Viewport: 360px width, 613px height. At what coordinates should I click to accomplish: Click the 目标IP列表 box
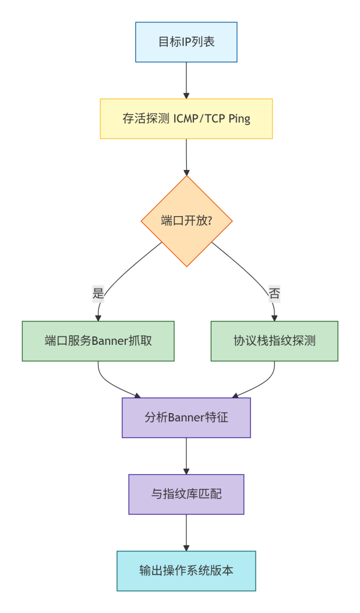tap(186, 42)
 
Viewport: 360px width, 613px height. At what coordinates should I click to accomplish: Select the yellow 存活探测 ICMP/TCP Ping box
tap(186, 119)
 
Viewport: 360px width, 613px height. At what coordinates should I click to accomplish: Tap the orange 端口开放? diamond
tap(186, 220)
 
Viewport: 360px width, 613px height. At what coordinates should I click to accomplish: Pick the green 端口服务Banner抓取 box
tap(98, 341)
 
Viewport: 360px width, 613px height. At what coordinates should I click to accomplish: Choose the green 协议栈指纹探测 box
tap(274, 341)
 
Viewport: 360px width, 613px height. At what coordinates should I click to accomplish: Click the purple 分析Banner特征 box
tap(186, 418)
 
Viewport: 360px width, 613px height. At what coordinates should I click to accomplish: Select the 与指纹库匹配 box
tap(186, 494)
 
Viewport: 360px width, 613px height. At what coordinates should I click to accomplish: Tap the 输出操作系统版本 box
tap(186, 571)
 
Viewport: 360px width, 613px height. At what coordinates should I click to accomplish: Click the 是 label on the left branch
tap(98, 293)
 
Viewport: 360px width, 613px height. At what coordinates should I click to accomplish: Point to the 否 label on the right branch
tap(274, 293)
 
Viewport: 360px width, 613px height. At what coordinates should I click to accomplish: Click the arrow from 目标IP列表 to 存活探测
tap(186, 80)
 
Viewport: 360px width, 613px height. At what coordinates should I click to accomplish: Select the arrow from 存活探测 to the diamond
tap(186, 157)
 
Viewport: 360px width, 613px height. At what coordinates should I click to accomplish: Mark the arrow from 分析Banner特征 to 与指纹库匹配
tap(186, 456)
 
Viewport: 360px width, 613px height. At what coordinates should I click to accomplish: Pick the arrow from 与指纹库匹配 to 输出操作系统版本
tap(186, 533)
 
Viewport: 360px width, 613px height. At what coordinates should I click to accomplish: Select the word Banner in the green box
tap(111, 341)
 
